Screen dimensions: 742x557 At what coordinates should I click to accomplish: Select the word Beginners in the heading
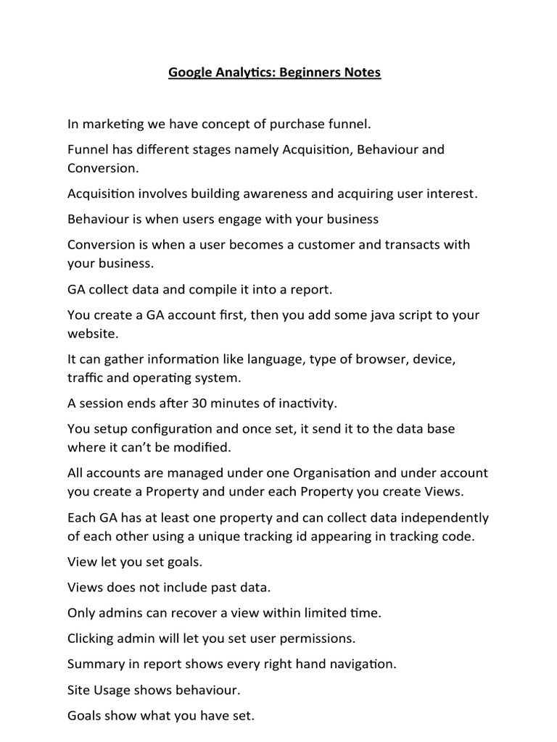[x=308, y=72]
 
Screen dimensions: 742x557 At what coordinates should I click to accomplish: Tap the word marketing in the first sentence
[x=115, y=124]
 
